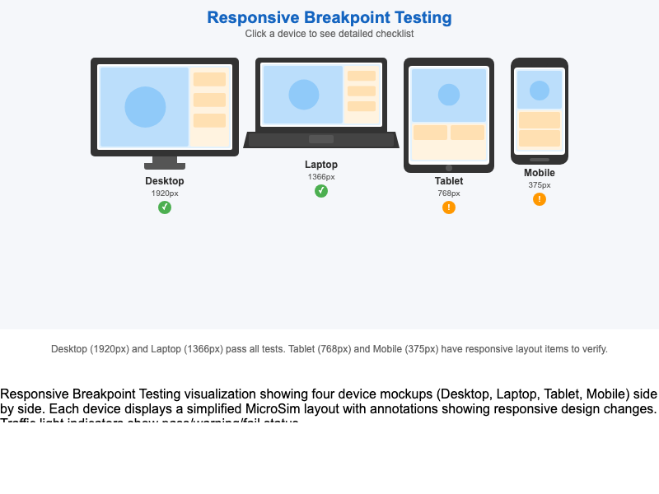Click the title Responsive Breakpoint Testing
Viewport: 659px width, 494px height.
329,17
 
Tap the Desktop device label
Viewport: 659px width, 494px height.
165,181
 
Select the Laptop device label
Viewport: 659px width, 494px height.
321,165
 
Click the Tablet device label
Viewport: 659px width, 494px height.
449,181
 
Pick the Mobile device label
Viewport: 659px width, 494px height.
540,173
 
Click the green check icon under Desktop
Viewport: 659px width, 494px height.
165,207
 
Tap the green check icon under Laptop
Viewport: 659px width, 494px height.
321,191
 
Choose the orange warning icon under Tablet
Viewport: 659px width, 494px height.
449,207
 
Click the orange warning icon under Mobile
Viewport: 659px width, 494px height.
540,199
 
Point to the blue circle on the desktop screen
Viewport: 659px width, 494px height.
145,107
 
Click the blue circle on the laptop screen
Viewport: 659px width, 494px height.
304,95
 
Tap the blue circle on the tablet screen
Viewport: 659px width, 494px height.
449,95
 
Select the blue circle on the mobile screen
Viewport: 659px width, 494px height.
540,91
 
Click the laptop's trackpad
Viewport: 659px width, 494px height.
321,139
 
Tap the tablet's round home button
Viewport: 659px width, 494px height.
449,168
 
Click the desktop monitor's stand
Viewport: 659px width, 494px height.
165,162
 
